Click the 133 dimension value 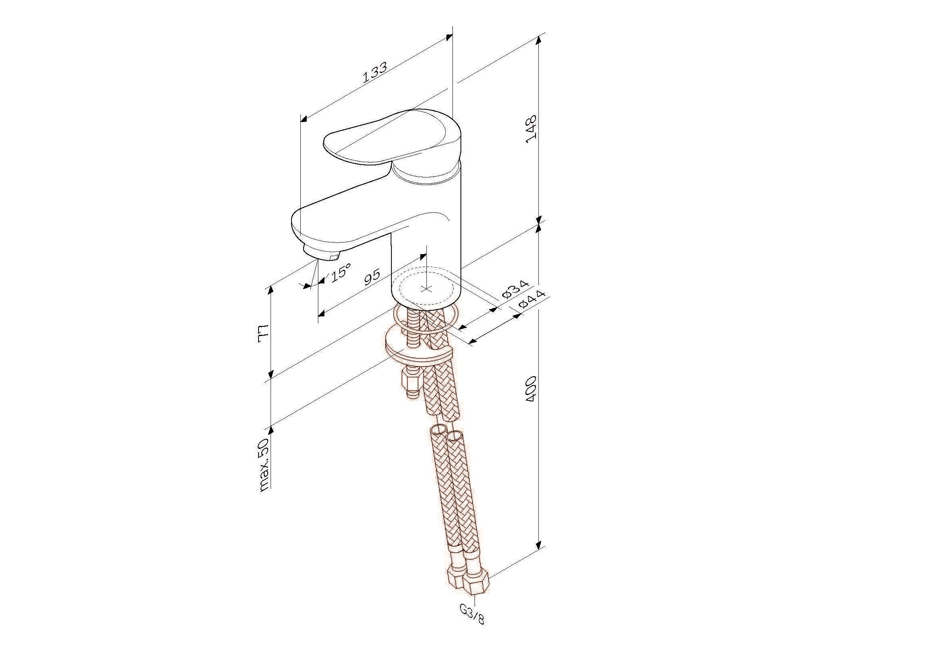tap(375, 73)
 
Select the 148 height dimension tap(531, 129)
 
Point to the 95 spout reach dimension tap(372, 277)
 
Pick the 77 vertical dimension tap(263, 334)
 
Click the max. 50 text tap(264, 465)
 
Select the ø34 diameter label tap(516, 289)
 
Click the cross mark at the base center tap(426, 289)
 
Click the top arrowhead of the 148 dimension tap(539, 40)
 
